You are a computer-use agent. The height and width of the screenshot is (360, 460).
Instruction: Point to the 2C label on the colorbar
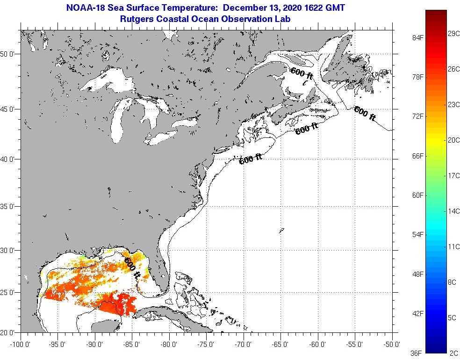452,353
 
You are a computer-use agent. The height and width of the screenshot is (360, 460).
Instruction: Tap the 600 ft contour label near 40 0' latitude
250,159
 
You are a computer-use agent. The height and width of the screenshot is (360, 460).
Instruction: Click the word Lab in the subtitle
284,19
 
